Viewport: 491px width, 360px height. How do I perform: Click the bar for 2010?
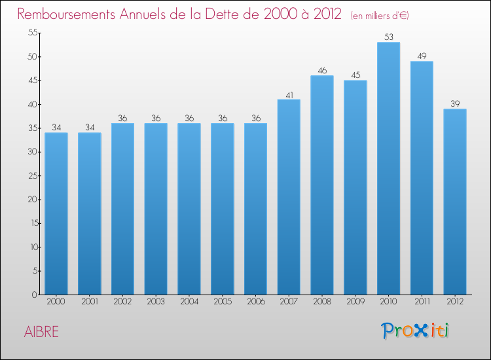coord(388,168)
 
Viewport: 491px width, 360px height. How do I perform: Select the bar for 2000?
coord(56,213)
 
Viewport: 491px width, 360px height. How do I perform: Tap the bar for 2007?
coord(289,197)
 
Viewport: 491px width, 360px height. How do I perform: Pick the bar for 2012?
coord(454,202)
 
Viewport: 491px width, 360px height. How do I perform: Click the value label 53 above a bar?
coord(388,37)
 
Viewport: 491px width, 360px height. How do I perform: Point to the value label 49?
coord(422,56)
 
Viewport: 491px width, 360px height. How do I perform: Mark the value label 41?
coord(289,94)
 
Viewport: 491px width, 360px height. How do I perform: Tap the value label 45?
coord(355,75)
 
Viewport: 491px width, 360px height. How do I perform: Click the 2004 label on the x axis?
coord(189,302)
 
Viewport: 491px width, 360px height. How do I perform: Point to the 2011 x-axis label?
coord(422,302)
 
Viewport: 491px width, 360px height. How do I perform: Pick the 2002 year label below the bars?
coord(122,302)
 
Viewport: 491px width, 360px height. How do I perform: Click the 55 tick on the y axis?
coord(31,33)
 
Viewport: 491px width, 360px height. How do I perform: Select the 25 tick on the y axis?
coord(31,175)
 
